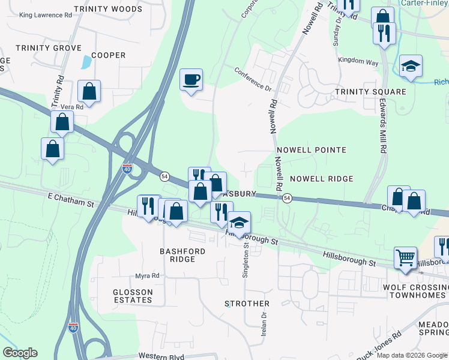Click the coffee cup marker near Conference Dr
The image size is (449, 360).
coord(191,80)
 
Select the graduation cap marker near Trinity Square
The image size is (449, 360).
coord(411,67)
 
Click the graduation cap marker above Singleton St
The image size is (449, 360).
coord(240,223)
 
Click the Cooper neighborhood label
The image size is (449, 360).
coord(108,55)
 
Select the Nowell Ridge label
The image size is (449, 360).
coord(321,179)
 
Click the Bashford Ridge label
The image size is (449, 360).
coord(182,255)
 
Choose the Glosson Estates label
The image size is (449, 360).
coord(132,296)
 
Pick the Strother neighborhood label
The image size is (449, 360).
coord(247,304)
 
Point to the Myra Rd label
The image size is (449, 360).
coord(147,275)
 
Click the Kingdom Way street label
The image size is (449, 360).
coord(358,61)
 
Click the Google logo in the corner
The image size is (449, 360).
coord(20,353)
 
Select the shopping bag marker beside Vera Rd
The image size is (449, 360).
coord(89,92)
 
